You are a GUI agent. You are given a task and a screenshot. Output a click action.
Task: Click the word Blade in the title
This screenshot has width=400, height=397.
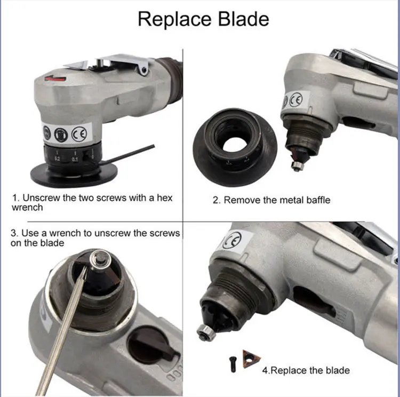pos(243,19)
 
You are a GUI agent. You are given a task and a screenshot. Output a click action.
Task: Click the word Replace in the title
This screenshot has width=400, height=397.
pos(175,19)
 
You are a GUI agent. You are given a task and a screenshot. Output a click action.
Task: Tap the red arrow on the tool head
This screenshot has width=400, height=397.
pos(55,78)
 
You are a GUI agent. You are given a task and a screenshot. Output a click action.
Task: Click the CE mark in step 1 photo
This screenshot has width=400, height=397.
pos(79,134)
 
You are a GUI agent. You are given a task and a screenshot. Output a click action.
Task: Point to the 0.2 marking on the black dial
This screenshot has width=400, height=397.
pos(57,159)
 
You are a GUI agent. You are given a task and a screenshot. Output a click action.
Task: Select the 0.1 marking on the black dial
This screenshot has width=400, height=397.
pos(75,160)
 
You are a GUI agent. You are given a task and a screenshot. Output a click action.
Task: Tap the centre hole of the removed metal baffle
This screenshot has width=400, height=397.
pos(235,147)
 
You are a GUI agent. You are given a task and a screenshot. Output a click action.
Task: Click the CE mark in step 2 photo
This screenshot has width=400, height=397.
pos(295,100)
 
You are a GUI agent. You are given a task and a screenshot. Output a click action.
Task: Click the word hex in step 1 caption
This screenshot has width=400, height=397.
pos(165,198)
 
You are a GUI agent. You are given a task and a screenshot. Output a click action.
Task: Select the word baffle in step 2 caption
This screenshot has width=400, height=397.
pos(318,200)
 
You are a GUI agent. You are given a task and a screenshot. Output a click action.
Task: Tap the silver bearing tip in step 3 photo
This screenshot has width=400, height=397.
pos(101,259)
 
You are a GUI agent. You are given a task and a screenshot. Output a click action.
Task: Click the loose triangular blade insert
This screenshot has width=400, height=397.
pos(251,359)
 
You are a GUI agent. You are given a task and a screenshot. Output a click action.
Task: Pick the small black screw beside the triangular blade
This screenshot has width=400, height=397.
pos(233,364)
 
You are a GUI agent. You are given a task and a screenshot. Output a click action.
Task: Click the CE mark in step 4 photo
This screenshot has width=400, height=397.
pos(231,240)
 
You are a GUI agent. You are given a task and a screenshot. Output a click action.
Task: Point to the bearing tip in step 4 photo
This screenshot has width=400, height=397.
pos(206,332)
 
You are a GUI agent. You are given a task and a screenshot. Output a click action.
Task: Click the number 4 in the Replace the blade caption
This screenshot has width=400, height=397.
pos(265,370)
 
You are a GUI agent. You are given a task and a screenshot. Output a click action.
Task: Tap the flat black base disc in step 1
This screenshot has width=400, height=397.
pos(74,174)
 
